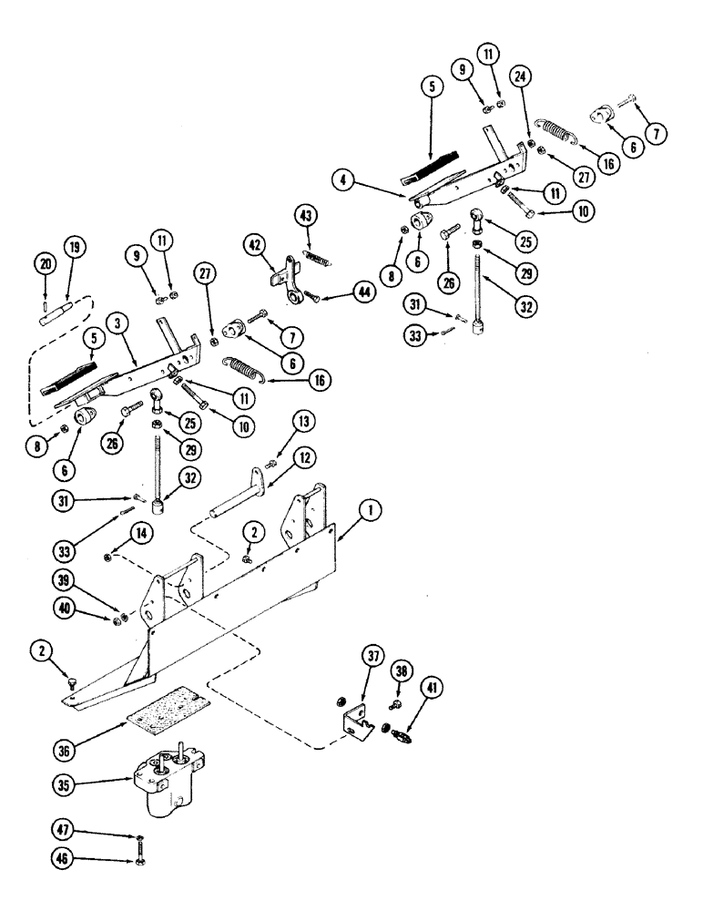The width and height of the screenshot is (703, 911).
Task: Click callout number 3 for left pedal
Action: [x=116, y=323]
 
